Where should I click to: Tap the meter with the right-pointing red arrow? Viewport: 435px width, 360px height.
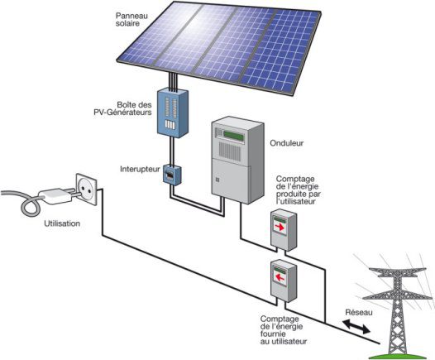(282, 227)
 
